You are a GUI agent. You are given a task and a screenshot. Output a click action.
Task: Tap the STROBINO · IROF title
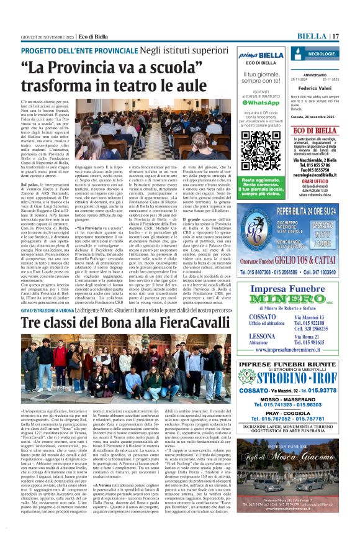click(x=291, y=376)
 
